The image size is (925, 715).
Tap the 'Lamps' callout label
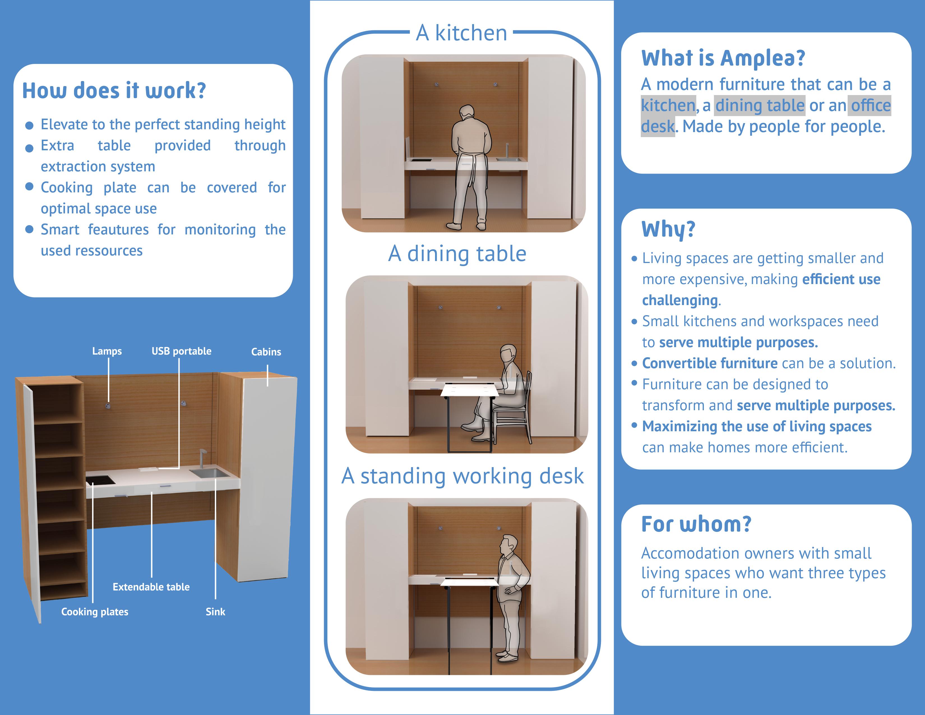107,351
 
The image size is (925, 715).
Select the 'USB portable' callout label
181,351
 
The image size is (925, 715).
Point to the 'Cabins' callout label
266,352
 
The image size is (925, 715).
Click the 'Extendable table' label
151,587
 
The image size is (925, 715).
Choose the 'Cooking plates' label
94,612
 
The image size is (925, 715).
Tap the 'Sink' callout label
215,612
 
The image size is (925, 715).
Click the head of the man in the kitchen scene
467,113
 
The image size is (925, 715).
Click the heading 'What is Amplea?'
723,58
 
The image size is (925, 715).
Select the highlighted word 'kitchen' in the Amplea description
668,105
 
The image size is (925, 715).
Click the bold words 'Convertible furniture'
710,363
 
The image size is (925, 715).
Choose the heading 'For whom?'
696,524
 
